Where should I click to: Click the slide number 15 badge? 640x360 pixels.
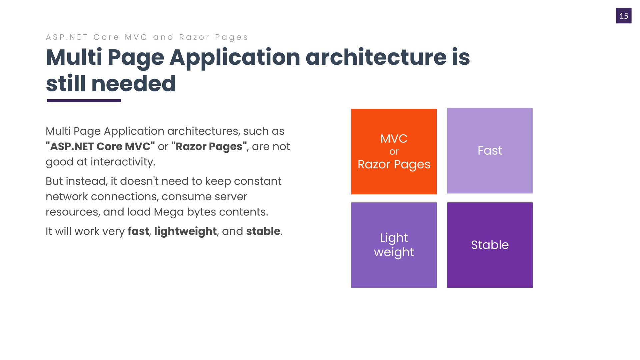624,16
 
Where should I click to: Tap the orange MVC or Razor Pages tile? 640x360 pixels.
394,152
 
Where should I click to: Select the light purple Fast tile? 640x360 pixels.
490,151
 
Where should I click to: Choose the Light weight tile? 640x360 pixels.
394,245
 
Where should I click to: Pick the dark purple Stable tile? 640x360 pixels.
490,245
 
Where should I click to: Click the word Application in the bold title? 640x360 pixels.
235,58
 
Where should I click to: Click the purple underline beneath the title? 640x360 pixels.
84,100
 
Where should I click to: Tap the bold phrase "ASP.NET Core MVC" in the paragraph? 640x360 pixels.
100,146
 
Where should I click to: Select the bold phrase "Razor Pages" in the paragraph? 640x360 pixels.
209,147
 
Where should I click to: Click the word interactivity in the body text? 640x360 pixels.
123,162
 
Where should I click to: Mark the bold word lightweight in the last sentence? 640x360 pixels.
185,231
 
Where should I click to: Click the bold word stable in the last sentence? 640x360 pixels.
263,231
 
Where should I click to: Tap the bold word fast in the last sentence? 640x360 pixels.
138,231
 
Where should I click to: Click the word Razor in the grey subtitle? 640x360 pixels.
194,37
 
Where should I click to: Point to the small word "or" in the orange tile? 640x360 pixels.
394,152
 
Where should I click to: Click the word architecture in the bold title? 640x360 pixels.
376,57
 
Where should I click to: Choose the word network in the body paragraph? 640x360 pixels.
67,197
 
